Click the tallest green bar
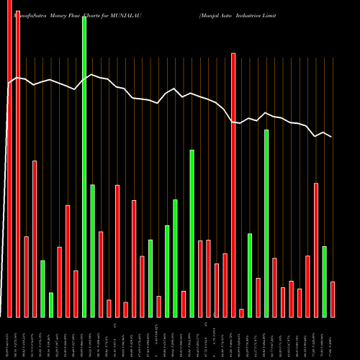84,166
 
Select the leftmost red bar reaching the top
9,158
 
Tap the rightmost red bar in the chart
333,299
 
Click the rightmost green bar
325,282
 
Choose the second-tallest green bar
266,223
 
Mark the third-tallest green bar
192,233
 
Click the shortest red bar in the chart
241,312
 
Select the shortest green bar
71,305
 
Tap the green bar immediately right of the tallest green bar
93,251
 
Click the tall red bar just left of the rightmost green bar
316,250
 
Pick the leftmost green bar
42,288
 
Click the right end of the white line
332,137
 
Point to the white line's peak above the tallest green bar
89,75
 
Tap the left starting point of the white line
8,85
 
